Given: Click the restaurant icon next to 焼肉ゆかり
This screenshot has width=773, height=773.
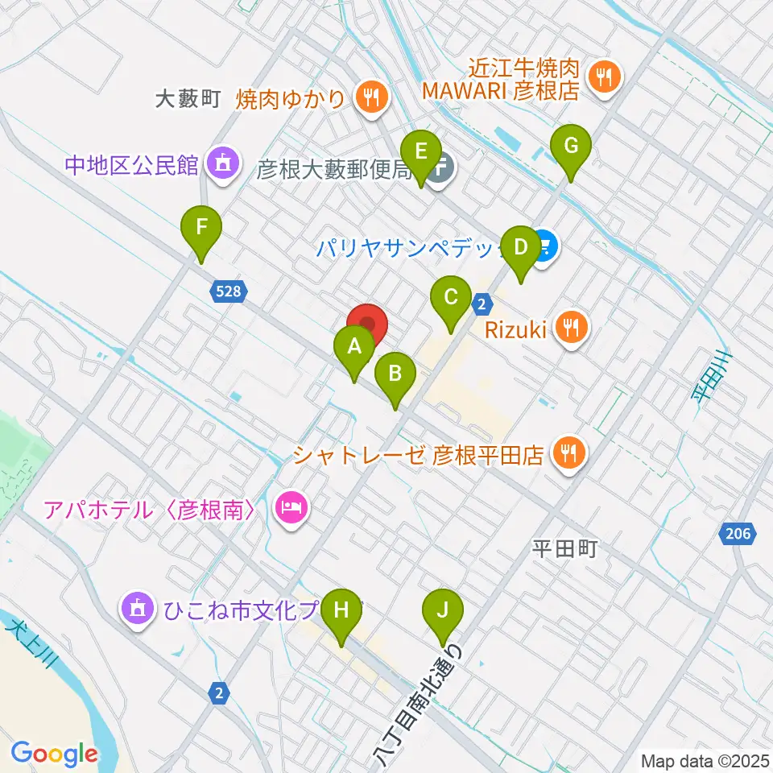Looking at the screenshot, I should point(370,99).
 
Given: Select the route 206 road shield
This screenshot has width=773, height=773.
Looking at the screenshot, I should point(738,533).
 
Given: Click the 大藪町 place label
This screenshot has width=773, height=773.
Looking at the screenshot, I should point(188,99).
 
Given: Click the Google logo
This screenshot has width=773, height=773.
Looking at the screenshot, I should point(54,754).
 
